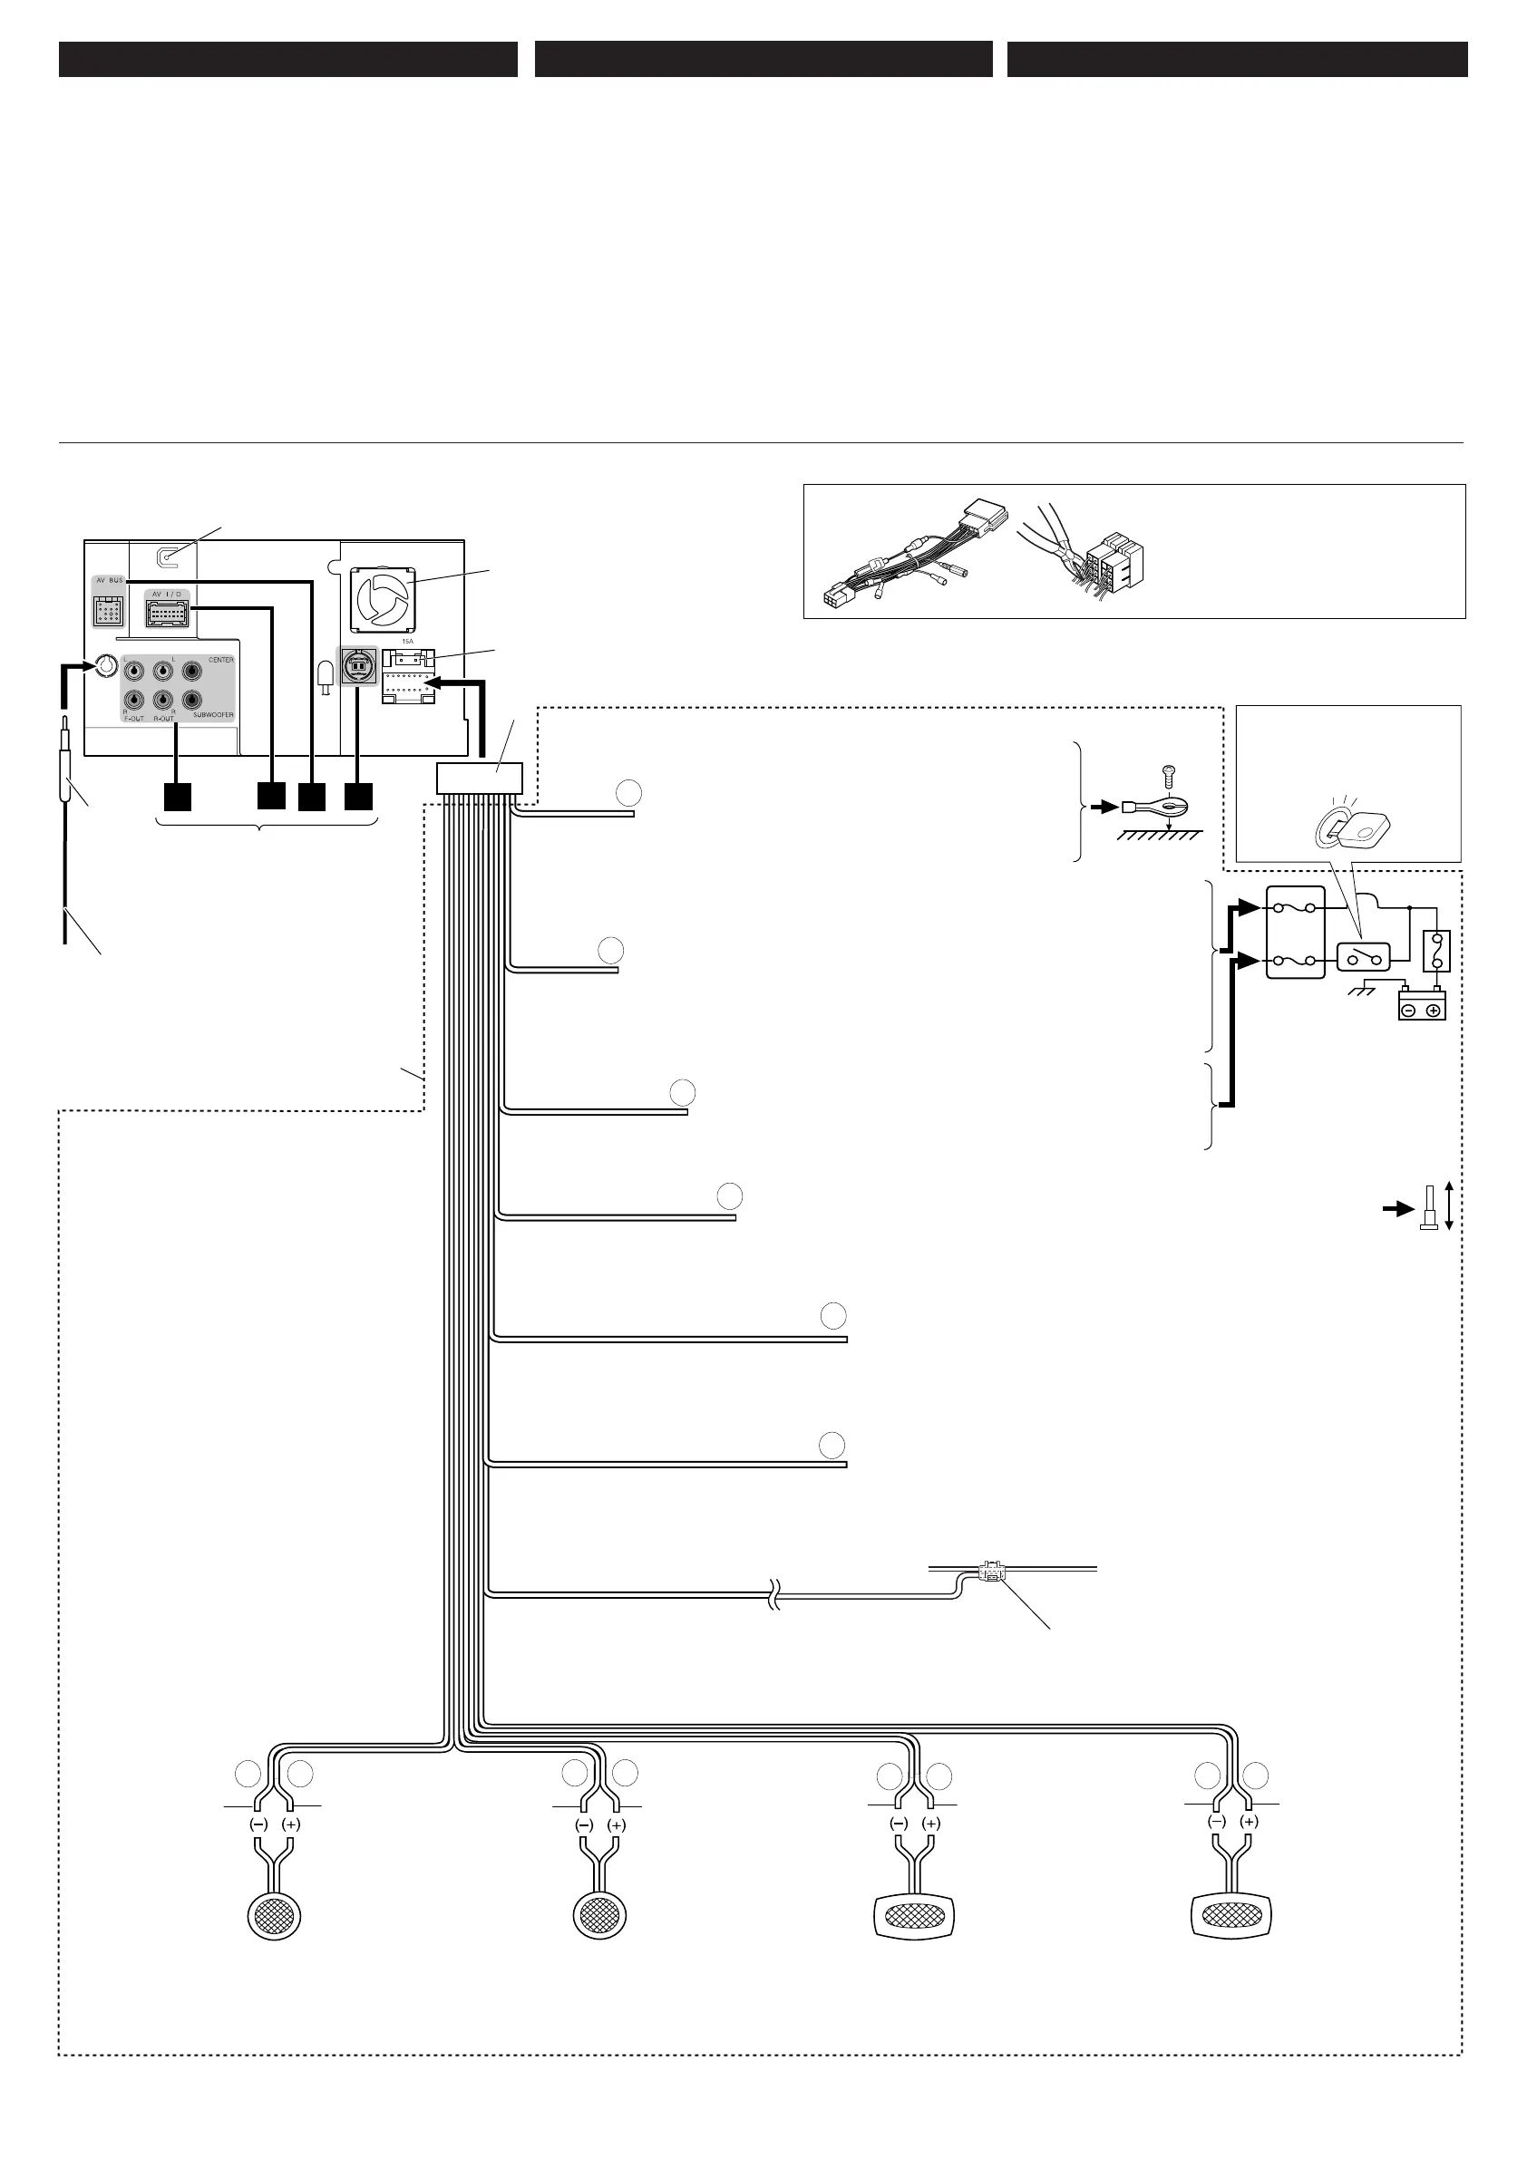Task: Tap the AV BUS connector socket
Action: (x=108, y=612)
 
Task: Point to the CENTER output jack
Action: (x=193, y=671)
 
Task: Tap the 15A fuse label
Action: (x=407, y=641)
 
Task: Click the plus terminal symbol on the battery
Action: (x=1434, y=1011)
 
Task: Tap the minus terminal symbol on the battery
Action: (x=1409, y=1011)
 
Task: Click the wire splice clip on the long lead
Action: (x=991, y=1571)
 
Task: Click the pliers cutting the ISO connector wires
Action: (x=1064, y=545)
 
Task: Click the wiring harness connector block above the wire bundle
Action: (x=480, y=779)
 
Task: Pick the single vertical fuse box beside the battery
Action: (x=1436, y=950)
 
